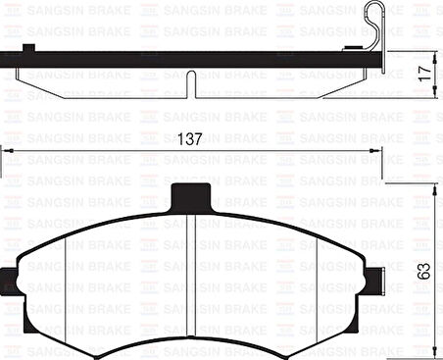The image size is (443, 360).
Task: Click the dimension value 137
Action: (x=193, y=140)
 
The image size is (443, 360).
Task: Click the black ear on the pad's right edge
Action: (x=374, y=279)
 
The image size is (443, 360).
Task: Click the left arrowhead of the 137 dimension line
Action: (x=6, y=150)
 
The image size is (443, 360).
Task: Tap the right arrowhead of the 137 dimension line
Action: (x=378, y=150)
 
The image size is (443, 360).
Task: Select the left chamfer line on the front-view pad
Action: (x=64, y=284)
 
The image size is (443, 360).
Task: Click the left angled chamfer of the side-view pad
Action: (x=39, y=87)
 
